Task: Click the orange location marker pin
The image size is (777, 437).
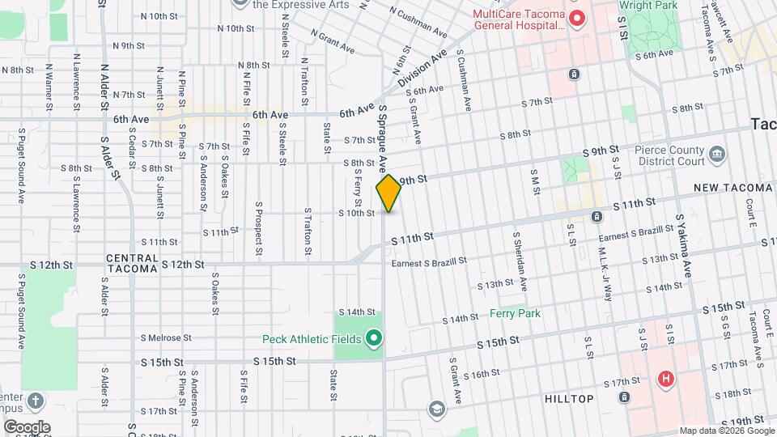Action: pyautogui.click(x=388, y=193)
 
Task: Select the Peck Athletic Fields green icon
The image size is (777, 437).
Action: pyautogui.click(x=373, y=337)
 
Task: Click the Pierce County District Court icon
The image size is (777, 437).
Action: pyautogui.click(x=716, y=154)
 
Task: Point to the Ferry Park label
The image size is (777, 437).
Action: pyautogui.click(x=514, y=313)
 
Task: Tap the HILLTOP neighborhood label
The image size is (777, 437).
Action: pyautogui.click(x=569, y=399)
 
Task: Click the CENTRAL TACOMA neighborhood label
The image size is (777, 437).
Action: pyautogui.click(x=132, y=263)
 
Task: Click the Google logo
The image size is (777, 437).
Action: pyautogui.click(x=27, y=426)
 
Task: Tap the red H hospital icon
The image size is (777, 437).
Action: pyautogui.click(x=665, y=378)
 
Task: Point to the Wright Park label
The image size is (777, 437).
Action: pyautogui.click(x=647, y=5)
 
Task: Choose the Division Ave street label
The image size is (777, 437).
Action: pyautogui.click(x=422, y=70)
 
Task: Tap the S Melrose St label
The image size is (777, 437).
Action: pyautogui.click(x=166, y=338)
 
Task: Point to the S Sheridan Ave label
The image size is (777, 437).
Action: pyautogui.click(x=519, y=261)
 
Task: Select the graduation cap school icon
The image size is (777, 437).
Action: pyautogui.click(x=437, y=409)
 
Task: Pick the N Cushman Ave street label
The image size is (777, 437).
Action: pyautogui.click(x=418, y=23)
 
